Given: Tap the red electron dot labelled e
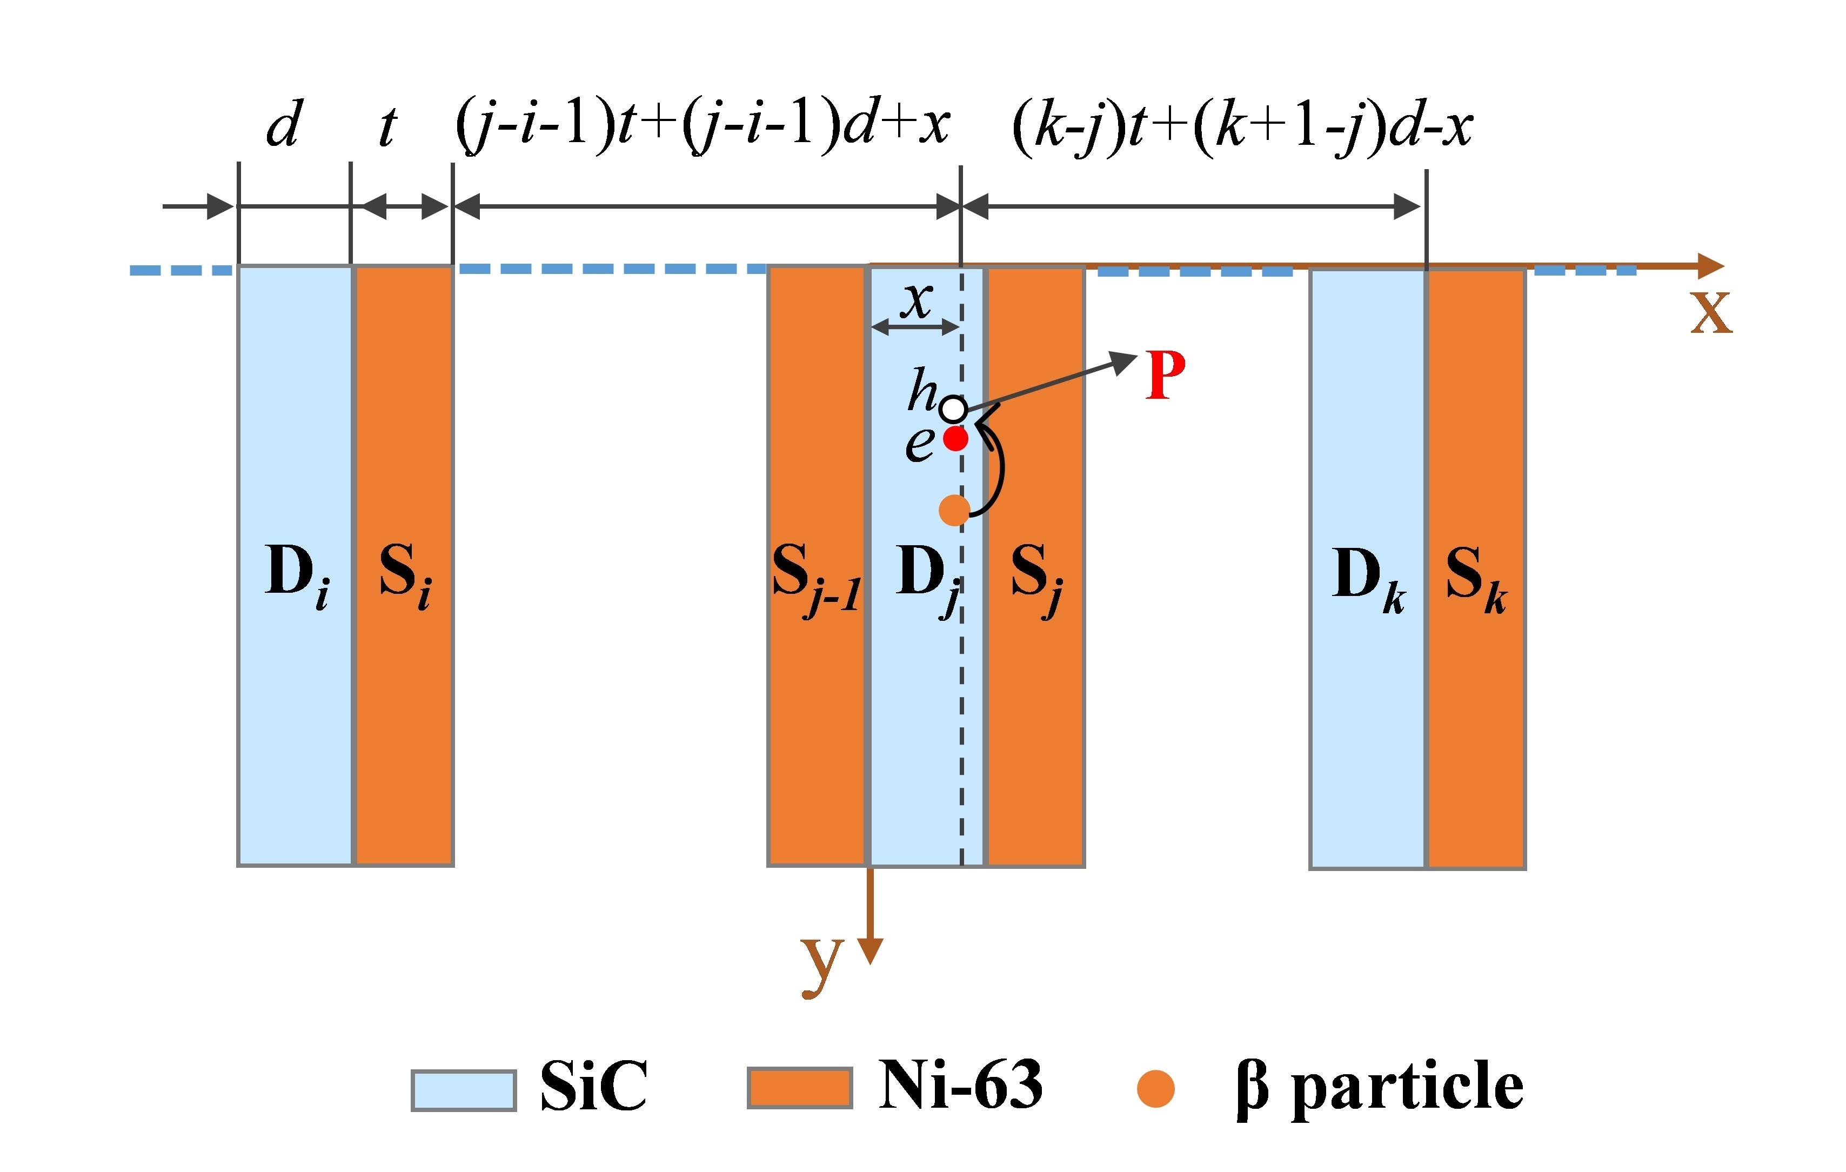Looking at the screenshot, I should tap(955, 439).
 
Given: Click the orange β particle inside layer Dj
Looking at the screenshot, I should tap(954, 510).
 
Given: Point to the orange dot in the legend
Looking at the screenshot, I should tap(1155, 1088).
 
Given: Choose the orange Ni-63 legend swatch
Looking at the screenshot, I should tap(800, 1088).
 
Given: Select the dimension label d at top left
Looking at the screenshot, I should tap(284, 125).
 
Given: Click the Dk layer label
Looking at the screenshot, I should tap(1368, 578).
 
